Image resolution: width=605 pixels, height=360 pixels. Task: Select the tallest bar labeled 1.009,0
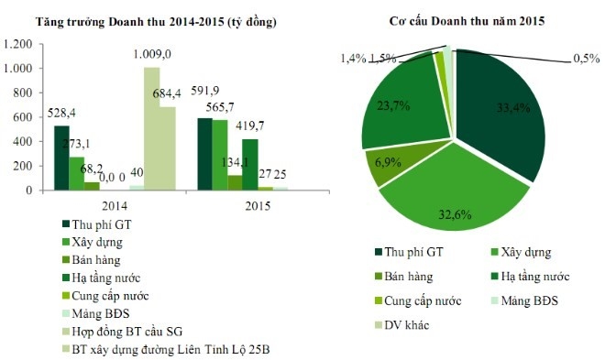pyautogui.click(x=151, y=128)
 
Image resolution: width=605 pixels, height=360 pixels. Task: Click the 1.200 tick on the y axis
pyautogui.click(x=21, y=43)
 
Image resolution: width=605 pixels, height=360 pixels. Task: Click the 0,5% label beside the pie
pyautogui.click(x=584, y=59)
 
